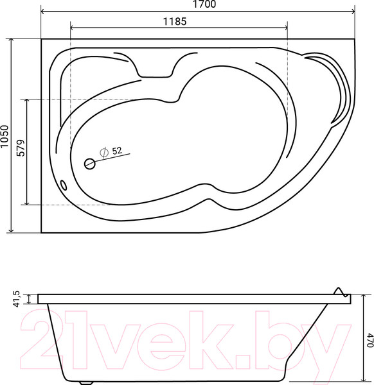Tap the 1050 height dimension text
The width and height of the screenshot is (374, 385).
click(x=5, y=136)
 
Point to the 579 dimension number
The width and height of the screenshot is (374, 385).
click(x=20, y=152)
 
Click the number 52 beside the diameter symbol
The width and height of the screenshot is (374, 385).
click(x=117, y=151)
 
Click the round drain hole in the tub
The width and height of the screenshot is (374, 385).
click(x=89, y=164)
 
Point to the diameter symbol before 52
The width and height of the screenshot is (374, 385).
click(x=103, y=152)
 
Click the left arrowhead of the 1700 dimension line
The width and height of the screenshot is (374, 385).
click(x=44, y=11)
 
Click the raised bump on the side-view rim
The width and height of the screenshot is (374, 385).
click(x=339, y=291)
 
